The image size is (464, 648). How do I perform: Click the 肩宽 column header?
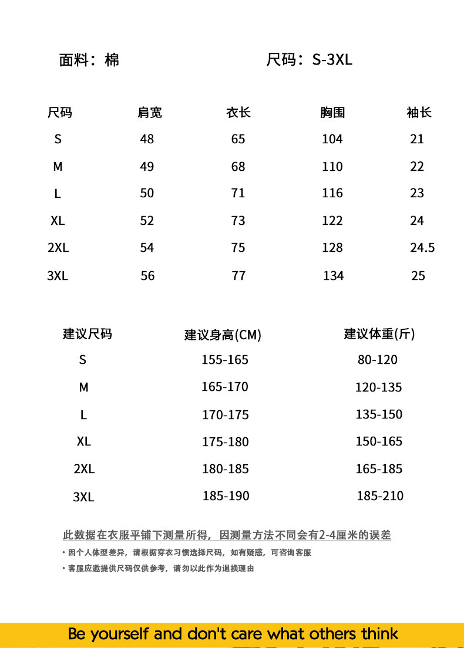(x=150, y=112)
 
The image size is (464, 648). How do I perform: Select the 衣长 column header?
(x=238, y=112)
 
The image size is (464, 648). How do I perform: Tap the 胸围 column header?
(x=332, y=112)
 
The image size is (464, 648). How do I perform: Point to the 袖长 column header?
(x=419, y=112)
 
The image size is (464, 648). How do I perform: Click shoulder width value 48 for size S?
(x=147, y=139)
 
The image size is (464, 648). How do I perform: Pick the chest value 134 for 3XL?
(x=333, y=276)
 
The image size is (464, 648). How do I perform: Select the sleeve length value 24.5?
(x=422, y=248)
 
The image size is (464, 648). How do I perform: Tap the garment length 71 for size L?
(x=238, y=193)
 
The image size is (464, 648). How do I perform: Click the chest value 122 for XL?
(x=332, y=221)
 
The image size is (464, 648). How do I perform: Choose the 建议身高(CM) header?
(x=223, y=335)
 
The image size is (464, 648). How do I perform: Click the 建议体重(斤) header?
(x=379, y=334)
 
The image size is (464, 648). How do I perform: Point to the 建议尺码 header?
(x=87, y=334)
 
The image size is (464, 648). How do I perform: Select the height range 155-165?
(x=225, y=360)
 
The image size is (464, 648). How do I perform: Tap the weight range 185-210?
(x=380, y=496)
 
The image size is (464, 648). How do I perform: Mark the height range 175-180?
(x=226, y=442)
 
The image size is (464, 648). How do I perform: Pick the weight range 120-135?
(x=379, y=387)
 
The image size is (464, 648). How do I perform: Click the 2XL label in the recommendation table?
(x=84, y=469)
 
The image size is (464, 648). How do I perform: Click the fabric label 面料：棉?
(x=89, y=60)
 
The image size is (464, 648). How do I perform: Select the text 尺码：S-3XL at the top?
(x=310, y=60)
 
